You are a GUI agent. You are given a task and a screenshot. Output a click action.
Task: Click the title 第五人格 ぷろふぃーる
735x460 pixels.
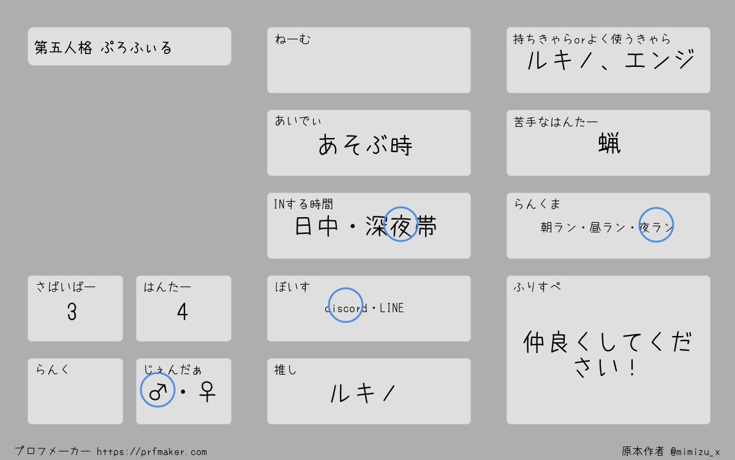[x=103, y=48]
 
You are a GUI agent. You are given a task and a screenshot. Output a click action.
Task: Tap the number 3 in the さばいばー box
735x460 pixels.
[x=72, y=312]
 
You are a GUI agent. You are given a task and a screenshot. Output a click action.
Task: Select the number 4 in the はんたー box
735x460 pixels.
[x=183, y=312]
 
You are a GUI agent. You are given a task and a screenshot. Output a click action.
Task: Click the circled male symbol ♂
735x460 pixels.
[x=157, y=390]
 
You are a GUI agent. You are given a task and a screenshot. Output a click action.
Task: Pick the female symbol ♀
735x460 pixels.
[x=207, y=391]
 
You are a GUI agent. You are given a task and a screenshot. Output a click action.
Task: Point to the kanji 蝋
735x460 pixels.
[x=609, y=143]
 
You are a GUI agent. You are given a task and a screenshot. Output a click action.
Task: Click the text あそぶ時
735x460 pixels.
[x=365, y=145]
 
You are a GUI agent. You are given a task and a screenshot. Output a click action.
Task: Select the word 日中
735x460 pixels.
[x=316, y=226]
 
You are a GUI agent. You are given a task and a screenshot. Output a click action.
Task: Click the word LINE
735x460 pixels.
[x=392, y=308]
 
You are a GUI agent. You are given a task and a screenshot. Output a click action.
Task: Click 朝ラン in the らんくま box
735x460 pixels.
[x=559, y=228]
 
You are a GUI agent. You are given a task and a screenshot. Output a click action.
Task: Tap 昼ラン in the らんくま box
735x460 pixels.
[x=608, y=228]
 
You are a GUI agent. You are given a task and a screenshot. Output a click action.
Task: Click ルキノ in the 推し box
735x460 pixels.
[x=363, y=393]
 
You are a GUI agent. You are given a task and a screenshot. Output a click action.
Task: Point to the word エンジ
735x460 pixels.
[x=660, y=59]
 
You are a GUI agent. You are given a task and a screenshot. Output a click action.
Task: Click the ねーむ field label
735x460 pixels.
[x=293, y=39]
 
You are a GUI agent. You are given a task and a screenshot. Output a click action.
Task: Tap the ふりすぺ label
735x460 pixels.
[x=537, y=287]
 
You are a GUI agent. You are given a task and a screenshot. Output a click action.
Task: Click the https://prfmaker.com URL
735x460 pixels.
[x=152, y=452]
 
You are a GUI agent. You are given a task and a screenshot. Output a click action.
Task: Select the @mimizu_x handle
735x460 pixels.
[x=695, y=452]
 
